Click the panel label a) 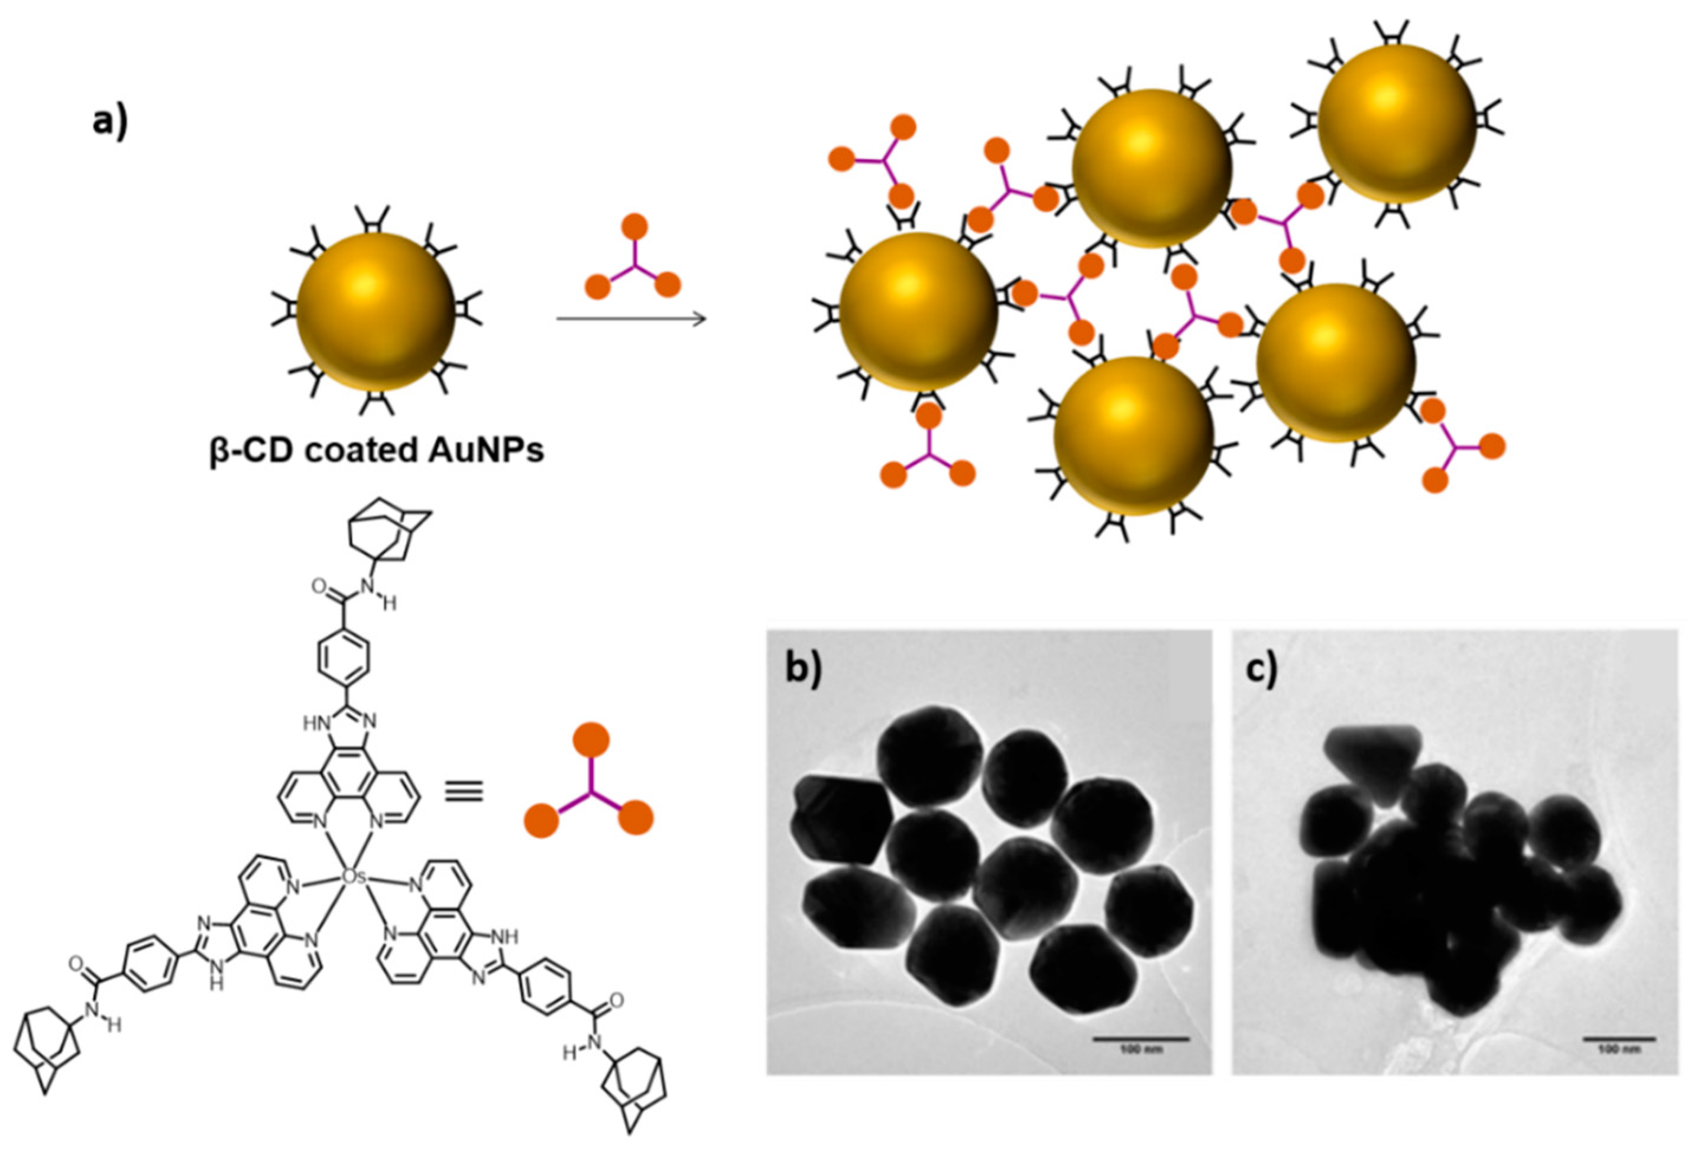109,121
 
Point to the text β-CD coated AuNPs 377,450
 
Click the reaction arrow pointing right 631,319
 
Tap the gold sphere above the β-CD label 375,311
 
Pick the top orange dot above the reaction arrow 634,227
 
